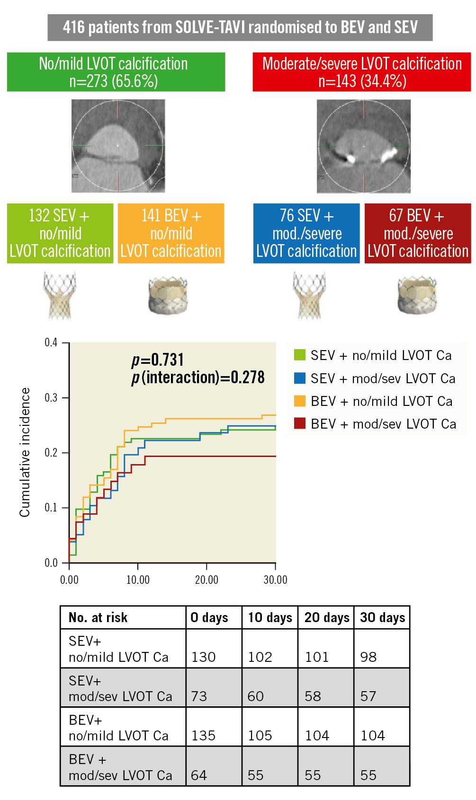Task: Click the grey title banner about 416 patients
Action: point(240,27)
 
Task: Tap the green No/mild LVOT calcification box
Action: point(116,72)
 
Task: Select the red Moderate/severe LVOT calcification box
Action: point(361,72)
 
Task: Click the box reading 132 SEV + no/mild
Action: point(60,233)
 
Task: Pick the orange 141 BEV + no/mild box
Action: point(171,233)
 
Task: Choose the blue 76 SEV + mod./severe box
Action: point(306,233)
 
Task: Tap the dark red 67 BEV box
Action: point(417,233)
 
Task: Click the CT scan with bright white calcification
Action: point(363,146)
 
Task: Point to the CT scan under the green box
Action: point(118,146)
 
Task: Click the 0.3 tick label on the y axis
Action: point(51,397)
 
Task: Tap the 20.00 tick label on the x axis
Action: point(207,580)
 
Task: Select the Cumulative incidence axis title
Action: point(25,452)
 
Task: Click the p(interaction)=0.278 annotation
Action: point(198,378)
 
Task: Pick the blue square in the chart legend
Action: point(299,378)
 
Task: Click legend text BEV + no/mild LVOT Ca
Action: point(381,401)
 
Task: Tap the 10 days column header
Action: point(270,617)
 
